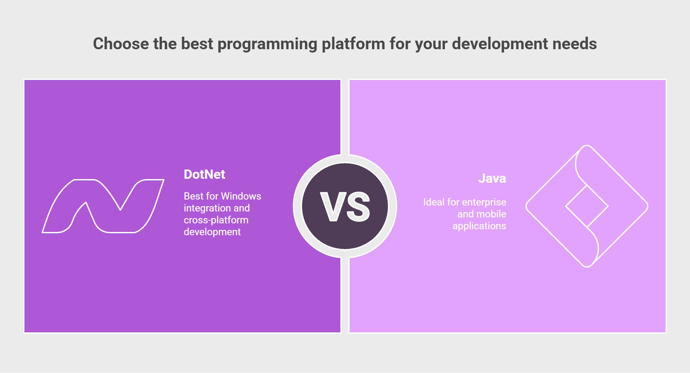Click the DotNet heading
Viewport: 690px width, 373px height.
click(x=204, y=174)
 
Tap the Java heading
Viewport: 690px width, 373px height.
click(x=492, y=178)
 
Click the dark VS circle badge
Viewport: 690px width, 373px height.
click(x=345, y=206)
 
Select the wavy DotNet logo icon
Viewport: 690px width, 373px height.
click(x=103, y=206)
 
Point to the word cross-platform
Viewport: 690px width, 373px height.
click(x=216, y=220)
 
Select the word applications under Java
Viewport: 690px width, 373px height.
click(x=479, y=226)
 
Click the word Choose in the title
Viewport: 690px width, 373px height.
click(x=121, y=44)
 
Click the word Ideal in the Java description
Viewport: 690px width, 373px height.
click(x=434, y=202)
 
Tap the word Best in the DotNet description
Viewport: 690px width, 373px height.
click(x=193, y=196)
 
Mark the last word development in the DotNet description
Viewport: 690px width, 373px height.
click(x=212, y=232)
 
